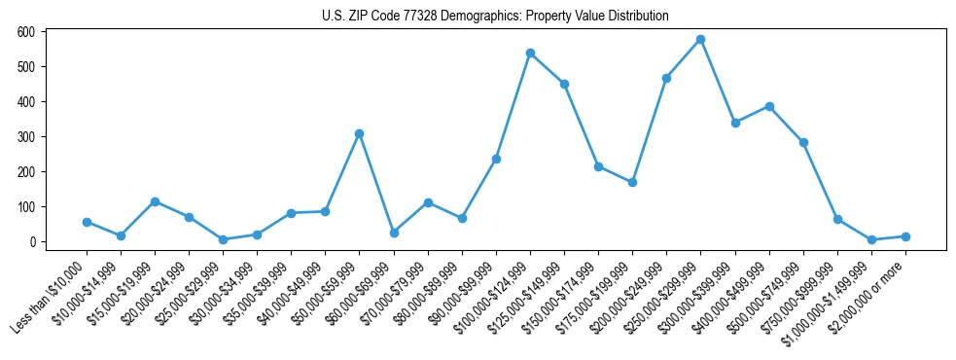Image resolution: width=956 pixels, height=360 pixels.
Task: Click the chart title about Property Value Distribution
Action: coord(495,17)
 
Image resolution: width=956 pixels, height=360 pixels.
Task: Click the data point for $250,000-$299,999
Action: coord(700,40)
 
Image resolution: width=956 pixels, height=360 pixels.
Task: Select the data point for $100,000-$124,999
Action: coord(530,53)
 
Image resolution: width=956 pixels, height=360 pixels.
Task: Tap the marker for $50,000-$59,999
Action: coord(359,133)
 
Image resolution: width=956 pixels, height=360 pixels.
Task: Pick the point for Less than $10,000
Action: coord(87,222)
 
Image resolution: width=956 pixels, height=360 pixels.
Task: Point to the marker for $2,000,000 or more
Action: coord(905,236)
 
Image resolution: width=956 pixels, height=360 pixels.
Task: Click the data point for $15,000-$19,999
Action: coord(155,201)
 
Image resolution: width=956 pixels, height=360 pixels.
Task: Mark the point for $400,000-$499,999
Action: coord(769,106)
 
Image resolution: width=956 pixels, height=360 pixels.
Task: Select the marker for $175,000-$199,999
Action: coord(632,182)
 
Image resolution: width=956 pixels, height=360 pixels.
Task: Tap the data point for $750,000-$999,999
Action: coord(837,219)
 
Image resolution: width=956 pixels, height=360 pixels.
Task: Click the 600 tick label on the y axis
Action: coord(26,32)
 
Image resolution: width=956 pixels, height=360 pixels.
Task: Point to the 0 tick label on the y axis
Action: coord(32,242)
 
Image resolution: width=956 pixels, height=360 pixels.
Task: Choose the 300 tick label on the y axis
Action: coord(26,137)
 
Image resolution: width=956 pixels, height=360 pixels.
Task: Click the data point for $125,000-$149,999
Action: coord(564,84)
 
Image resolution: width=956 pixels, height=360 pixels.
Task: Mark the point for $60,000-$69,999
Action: coord(393,233)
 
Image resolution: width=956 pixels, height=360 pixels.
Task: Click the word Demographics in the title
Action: coord(434,17)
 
